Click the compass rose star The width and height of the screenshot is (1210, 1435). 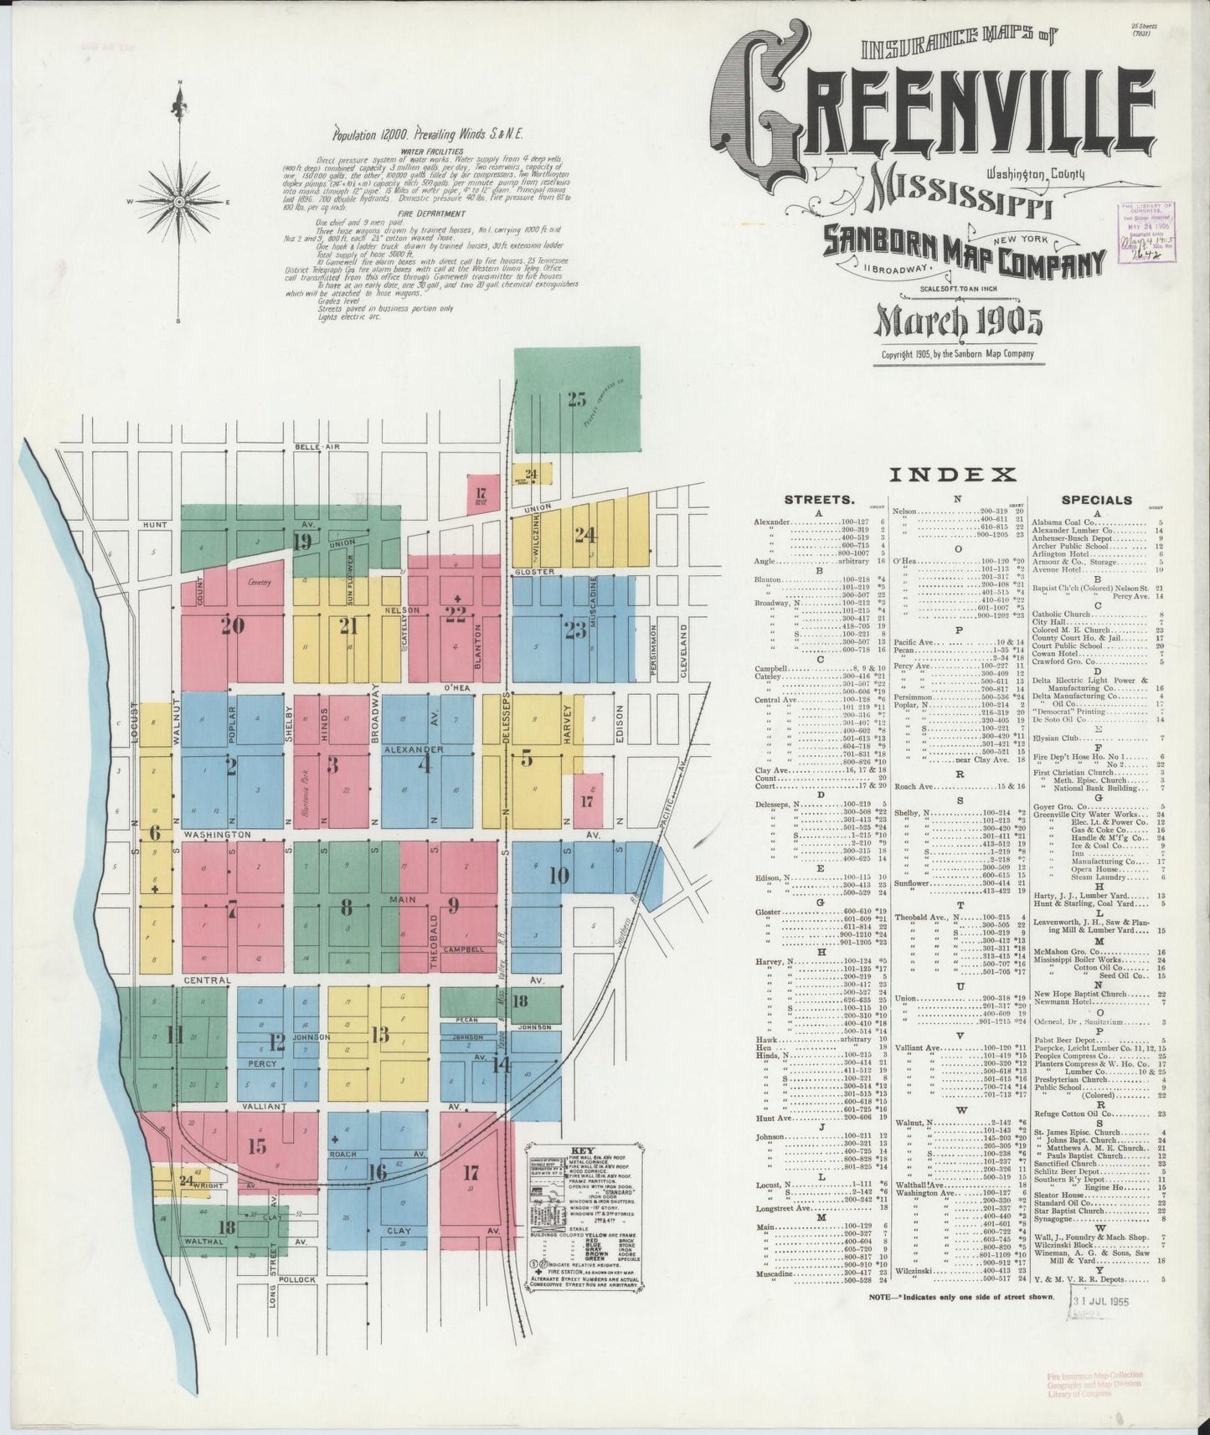pos(178,202)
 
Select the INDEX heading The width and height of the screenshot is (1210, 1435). pos(951,475)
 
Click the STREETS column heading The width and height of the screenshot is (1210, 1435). pos(819,500)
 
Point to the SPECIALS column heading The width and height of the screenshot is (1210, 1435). pos(1096,500)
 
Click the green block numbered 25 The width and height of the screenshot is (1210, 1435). pos(576,399)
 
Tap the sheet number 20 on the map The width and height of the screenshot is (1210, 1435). pos(232,625)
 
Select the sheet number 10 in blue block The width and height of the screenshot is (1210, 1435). pos(559,876)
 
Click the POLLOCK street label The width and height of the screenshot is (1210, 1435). pos(298,1279)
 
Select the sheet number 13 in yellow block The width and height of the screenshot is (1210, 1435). pos(380,1035)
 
